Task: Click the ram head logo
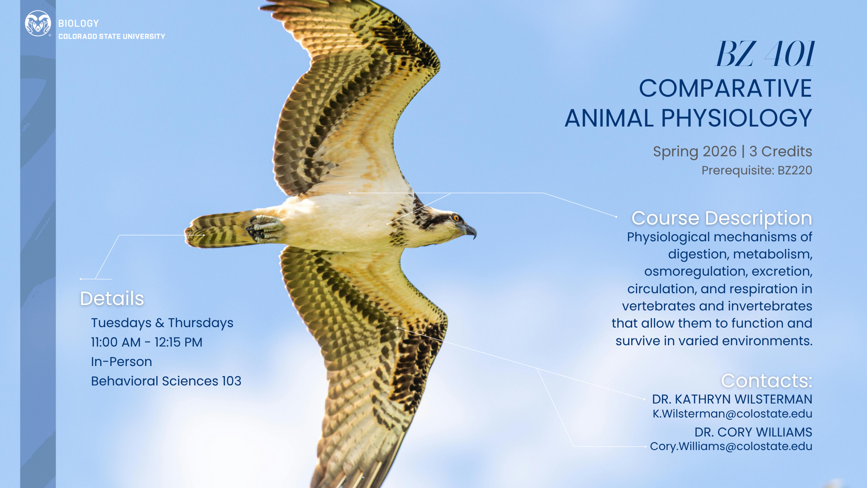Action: [38, 23]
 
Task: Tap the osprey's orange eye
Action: [456, 219]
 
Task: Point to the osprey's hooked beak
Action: [469, 230]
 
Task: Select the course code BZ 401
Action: [764, 54]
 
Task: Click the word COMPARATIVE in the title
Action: [725, 88]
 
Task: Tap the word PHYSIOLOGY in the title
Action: [736, 118]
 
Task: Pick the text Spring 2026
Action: [695, 152]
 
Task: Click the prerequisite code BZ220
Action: [795, 170]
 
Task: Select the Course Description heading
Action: [722, 218]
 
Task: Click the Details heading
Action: [112, 299]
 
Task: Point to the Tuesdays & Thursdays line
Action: [162, 323]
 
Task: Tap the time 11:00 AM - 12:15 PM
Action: [147, 343]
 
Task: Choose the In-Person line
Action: [121, 362]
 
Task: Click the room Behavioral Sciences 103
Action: [166, 381]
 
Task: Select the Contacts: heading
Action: [767, 381]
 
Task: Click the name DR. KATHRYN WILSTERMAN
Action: [732, 399]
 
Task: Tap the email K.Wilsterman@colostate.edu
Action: [732, 414]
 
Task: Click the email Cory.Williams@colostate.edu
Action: [731, 446]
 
